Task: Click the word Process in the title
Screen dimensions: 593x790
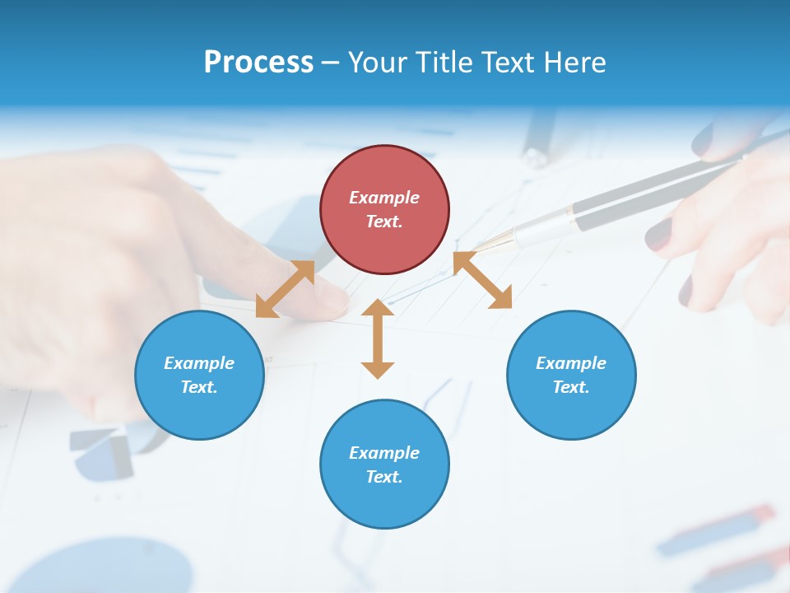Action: coord(258,62)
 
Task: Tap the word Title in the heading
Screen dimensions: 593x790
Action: coord(444,62)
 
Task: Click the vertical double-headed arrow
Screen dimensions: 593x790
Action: coord(378,339)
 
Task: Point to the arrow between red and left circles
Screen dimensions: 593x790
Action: coord(285,289)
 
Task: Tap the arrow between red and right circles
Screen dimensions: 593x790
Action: coord(483,280)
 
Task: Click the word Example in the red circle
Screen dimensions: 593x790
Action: coord(384,198)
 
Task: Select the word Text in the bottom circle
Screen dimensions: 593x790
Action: coord(384,477)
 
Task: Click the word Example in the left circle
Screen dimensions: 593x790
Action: coord(199,363)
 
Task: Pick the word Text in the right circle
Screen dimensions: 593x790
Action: coord(571,387)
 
